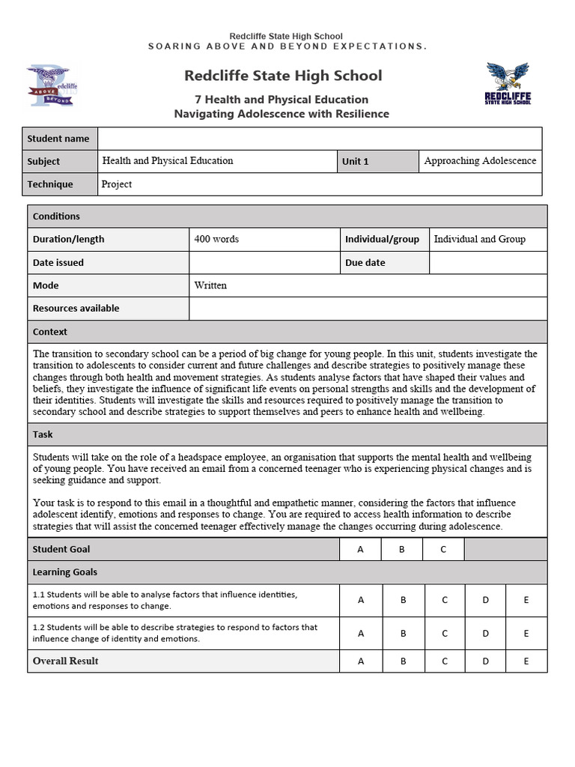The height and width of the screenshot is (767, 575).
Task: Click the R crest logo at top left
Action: pyautogui.click(x=52, y=85)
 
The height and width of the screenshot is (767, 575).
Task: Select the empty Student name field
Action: pyautogui.click(x=320, y=139)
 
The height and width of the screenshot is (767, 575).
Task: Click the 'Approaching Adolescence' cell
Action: pyautogui.click(x=480, y=161)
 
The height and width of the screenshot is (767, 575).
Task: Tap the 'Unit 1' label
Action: pyautogui.click(x=356, y=161)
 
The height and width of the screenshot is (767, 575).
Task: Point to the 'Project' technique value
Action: pyautogui.click(x=117, y=184)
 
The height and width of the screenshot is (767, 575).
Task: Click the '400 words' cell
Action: pyautogui.click(x=216, y=239)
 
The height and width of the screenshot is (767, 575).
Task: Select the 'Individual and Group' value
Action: pyautogui.click(x=480, y=239)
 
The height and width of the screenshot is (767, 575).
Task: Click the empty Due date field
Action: pyautogui.click(x=487, y=262)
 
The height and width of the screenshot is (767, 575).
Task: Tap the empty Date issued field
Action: pyautogui.click(x=264, y=262)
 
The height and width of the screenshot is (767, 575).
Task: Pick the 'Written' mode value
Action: pyautogui.click(x=210, y=285)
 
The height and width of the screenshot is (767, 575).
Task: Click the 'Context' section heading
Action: pyautogui.click(x=50, y=331)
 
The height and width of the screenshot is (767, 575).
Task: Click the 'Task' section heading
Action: pyautogui.click(x=43, y=434)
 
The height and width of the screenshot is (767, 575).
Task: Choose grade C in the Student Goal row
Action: pyautogui.click(x=443, y=549)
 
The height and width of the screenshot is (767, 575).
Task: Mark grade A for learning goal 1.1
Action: pyautogui.click(x=361, y=600)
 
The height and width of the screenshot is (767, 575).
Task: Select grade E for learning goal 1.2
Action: pyautogui.click(x=526, y=633)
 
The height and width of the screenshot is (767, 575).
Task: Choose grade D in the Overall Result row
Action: pyautogui.click(x=485, y=661)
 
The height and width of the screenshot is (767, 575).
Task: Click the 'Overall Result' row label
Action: pyautogui.click(x=66, y=661)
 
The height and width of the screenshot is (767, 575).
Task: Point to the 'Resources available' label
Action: pyautogui.click(x=76, y=308)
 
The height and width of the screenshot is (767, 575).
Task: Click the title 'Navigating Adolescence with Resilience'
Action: pyautogui.click(x=282, y=114)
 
